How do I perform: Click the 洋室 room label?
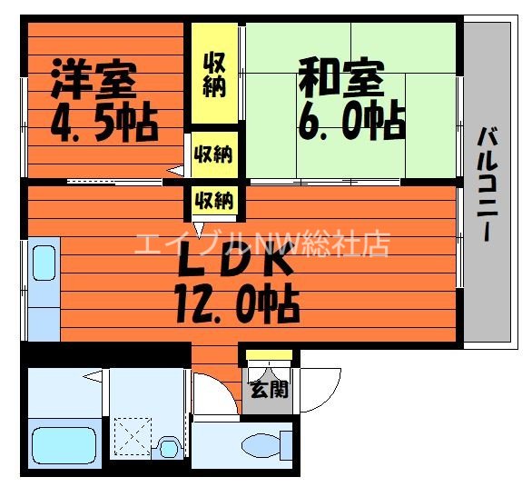(x=93, y=78)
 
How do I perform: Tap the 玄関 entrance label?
(x=269, y=390)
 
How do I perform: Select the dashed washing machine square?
(x=133, y=438)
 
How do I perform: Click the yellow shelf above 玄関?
(x=269, y=354)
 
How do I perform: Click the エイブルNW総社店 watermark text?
(x=262, y=243)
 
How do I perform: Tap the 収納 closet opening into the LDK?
(x=214, y=199)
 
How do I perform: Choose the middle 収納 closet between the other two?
(x=214, y=154)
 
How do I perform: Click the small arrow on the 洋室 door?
(x=172, y=169)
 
